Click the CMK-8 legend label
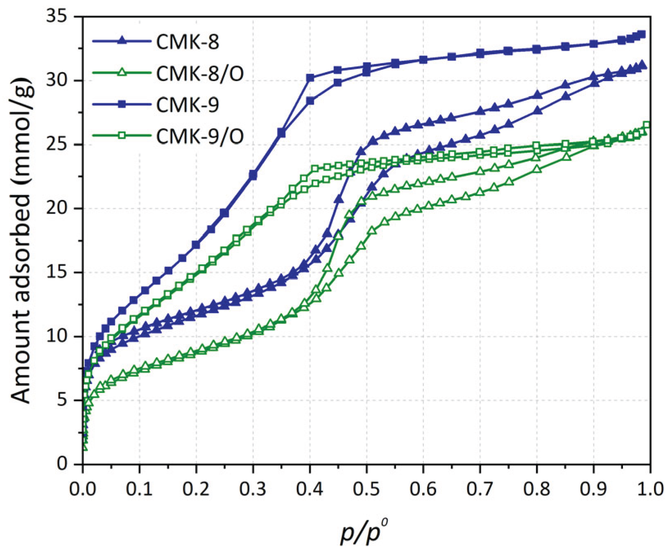pyautogui.click(x=188, y=42)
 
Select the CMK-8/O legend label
pyautogui.click(x=200, y=73)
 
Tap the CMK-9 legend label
pyautogui.click(x=188, y=105)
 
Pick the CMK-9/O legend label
pyautogui.click(x=200, y=136)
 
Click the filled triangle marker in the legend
pyautogui.click(x=122, y=41)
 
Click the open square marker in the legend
pyautogui.click(x=122, y=136)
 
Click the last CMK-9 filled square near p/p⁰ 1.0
pyautogui.click(x=642, y=34)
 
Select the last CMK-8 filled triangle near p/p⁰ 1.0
pyautogui.click(x=642, y=65)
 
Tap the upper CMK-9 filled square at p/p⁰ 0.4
pyautogui.click(x=310, y=78)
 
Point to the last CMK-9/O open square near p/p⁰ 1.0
pyautogui.click(x=647, y=125)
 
